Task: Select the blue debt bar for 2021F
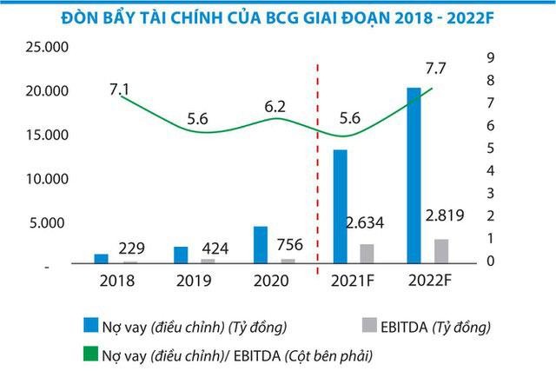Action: tap(341, 207)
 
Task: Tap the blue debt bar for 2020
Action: tap(260, 244)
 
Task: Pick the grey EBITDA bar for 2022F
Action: tap(441, 251)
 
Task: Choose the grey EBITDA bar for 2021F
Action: tap(367, 254)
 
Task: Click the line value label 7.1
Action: tap(120, 88)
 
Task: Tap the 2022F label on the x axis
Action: tap(430, 282)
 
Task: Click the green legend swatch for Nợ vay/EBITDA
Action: tap(89, 355)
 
